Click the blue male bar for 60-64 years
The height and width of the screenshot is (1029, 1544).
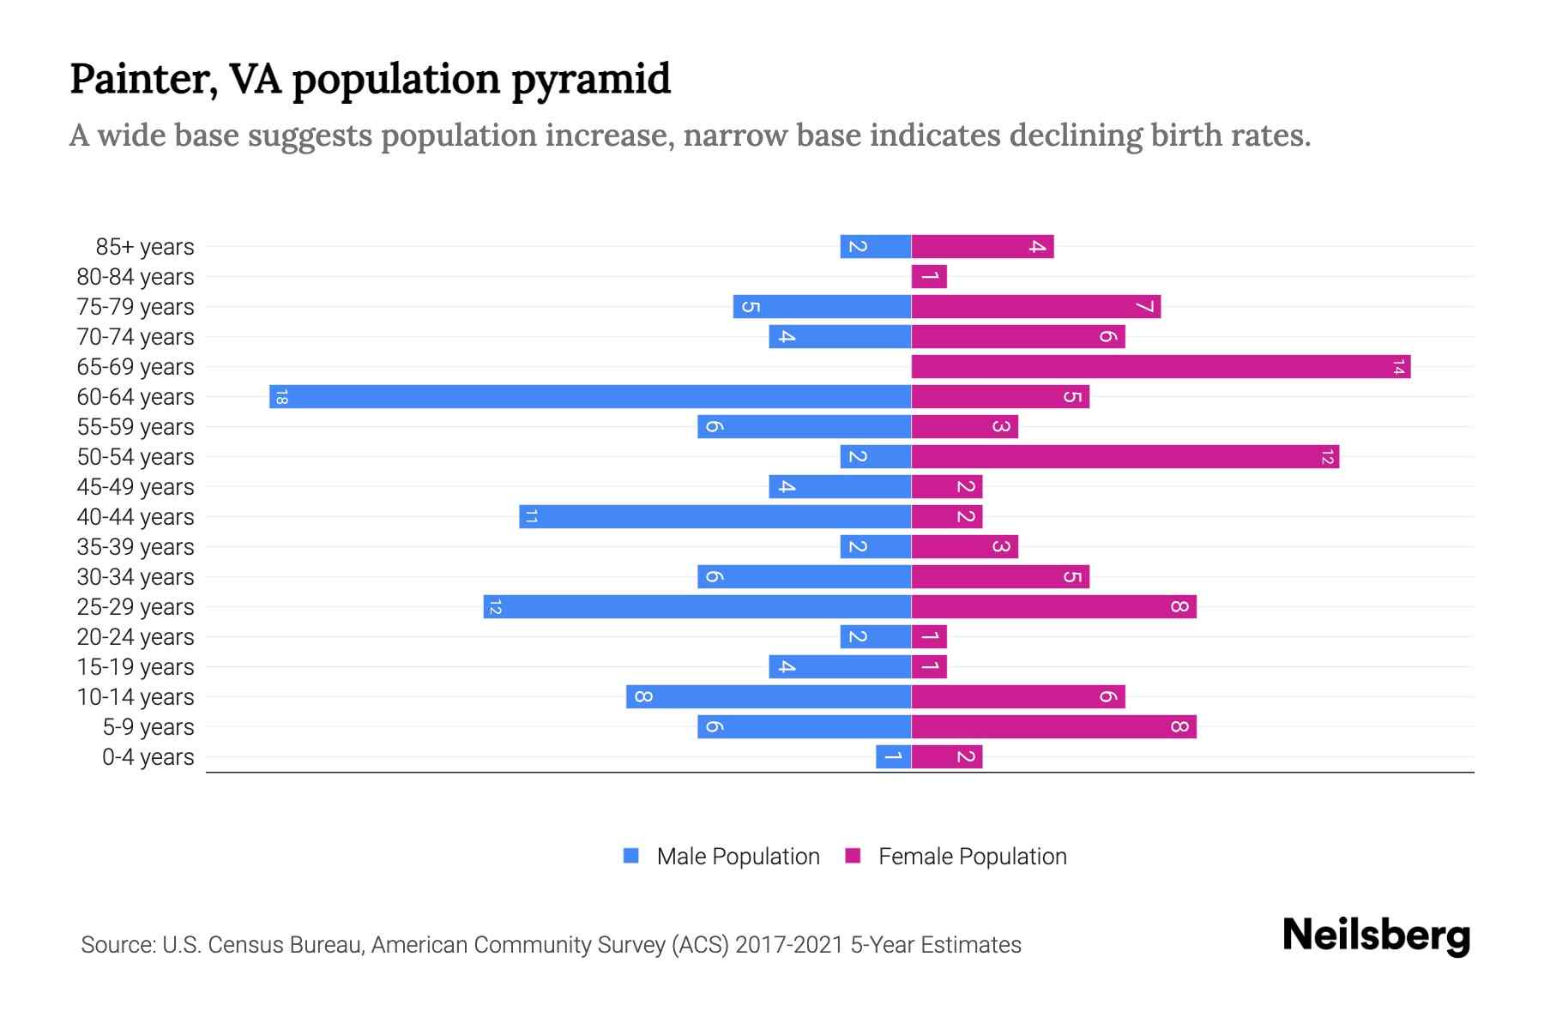590,396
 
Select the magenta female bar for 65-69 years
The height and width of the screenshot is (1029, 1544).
1160,366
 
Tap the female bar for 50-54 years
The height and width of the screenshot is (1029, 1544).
1125,456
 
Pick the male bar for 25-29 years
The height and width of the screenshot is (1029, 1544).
697,606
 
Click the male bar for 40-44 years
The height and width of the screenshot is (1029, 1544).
715,516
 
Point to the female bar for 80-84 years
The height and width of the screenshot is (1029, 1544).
929,276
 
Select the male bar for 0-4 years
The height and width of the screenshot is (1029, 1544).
893,756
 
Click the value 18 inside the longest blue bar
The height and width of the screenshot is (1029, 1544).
281,396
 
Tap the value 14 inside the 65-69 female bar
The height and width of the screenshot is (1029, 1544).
1398,367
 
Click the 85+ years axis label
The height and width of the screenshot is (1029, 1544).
145,247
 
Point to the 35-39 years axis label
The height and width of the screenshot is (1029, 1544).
136,547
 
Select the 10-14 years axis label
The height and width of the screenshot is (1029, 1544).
136,697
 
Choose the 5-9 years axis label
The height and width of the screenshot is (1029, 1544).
148,727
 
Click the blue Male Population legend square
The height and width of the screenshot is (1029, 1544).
631,856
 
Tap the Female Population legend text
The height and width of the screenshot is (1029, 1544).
972,856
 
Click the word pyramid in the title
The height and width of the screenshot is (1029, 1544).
591,79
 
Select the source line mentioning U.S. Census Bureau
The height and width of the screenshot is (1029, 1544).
551,945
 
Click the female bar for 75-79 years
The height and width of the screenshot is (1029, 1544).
1035,306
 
